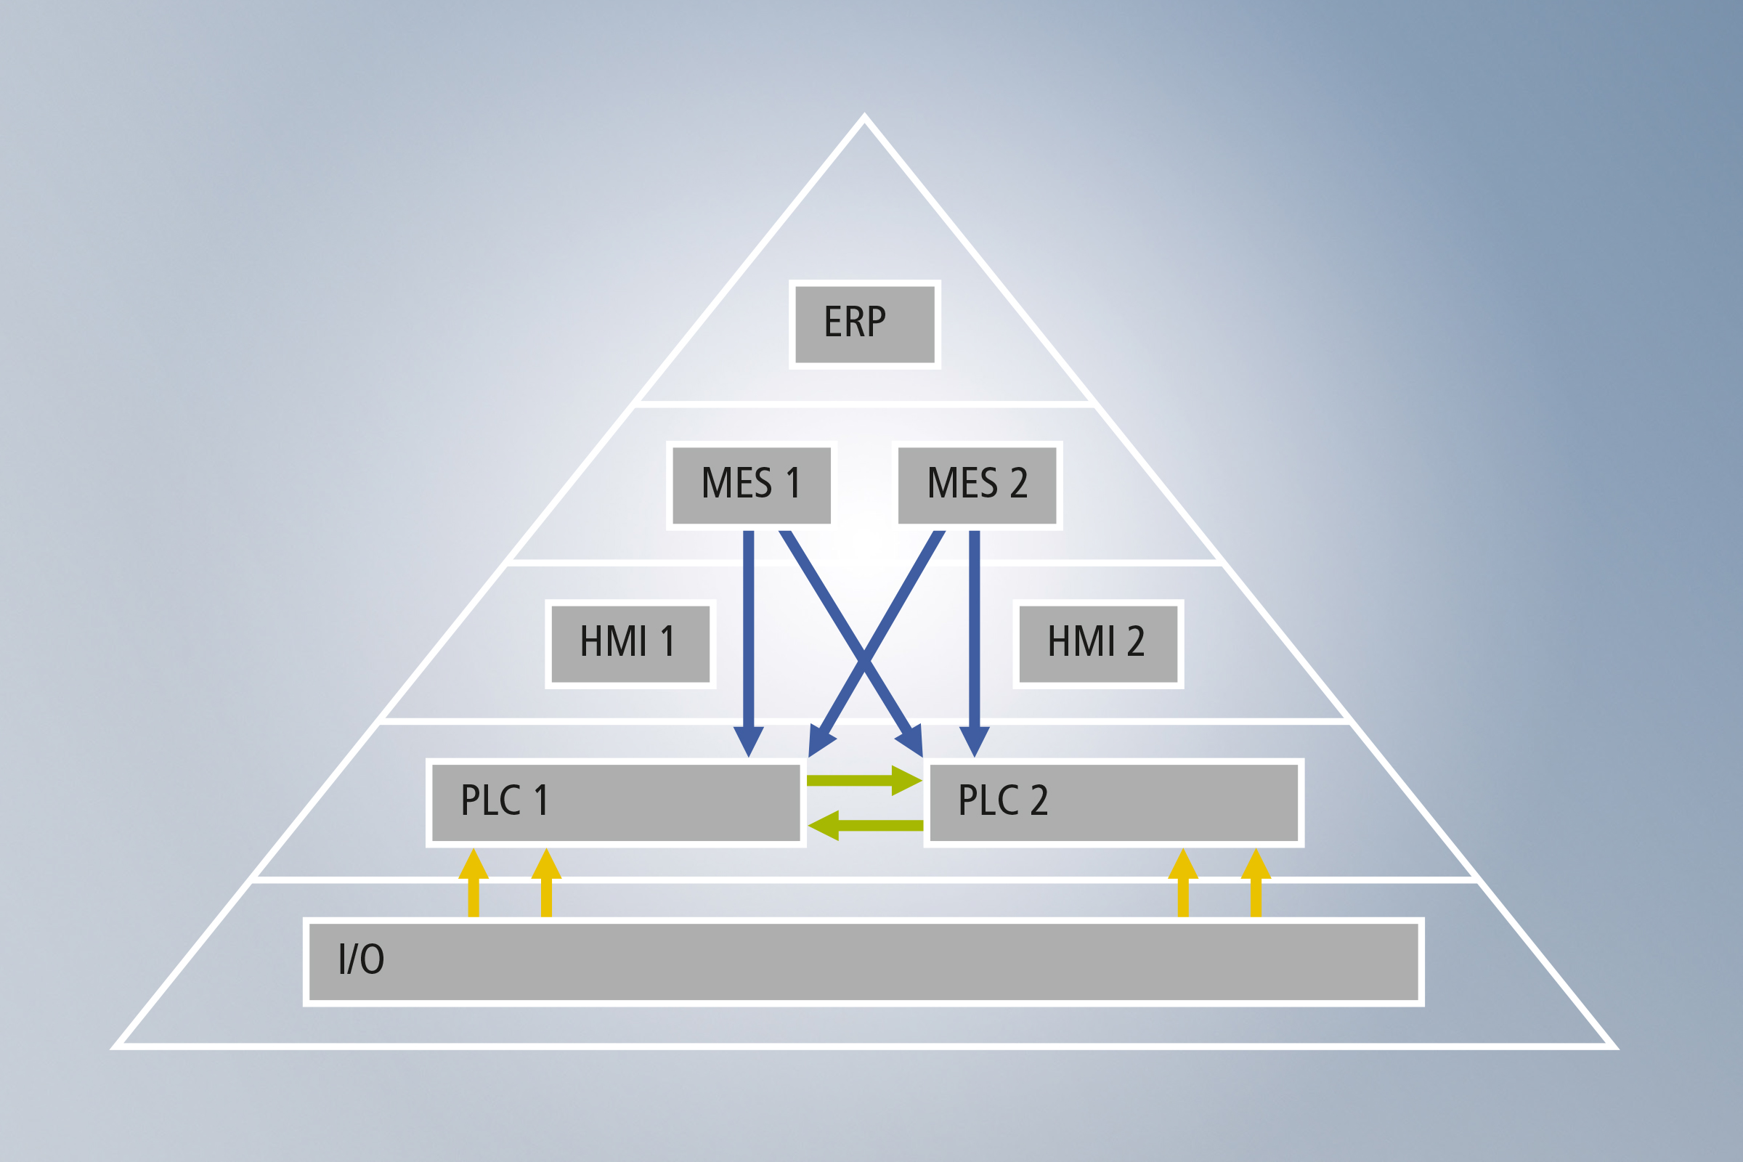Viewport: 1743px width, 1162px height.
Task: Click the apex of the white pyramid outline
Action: pyautogui.click(x=864, y=115)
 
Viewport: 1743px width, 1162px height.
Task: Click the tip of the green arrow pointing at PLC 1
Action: pyautogui.click(x=808, y=825)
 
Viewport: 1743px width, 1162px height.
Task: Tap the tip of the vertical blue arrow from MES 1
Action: pyautogui.click(x=749, y=757)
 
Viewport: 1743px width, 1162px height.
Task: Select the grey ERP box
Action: pyautogui.click(x=865, y=324)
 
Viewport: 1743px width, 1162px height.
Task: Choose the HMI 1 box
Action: pyautogui.click(x=630, y=644)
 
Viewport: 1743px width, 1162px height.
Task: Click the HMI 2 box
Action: pyautogui.click(x=1098, y=644)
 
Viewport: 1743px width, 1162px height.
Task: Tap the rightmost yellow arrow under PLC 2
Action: pyautogui.click(x=1256, y=882)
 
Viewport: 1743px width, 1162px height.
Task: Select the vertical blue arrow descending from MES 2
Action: pyautogui.click(x=975, y=644)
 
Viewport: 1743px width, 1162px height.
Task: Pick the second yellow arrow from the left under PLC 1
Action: pyautogui.click(x=546, y=882)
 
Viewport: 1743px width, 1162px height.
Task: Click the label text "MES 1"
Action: pyautogui.click(x=751, y=482)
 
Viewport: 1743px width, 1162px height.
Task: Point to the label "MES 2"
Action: pyautogui.click(x=978, y=482)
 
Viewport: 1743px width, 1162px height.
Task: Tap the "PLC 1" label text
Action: pyautogui.click(x=504, y=800)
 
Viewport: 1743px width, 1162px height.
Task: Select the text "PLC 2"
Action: pyautogui.click(x=1004, y=800)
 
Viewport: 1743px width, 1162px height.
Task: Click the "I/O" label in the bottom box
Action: pyautogui.click(x=361, y=958)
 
